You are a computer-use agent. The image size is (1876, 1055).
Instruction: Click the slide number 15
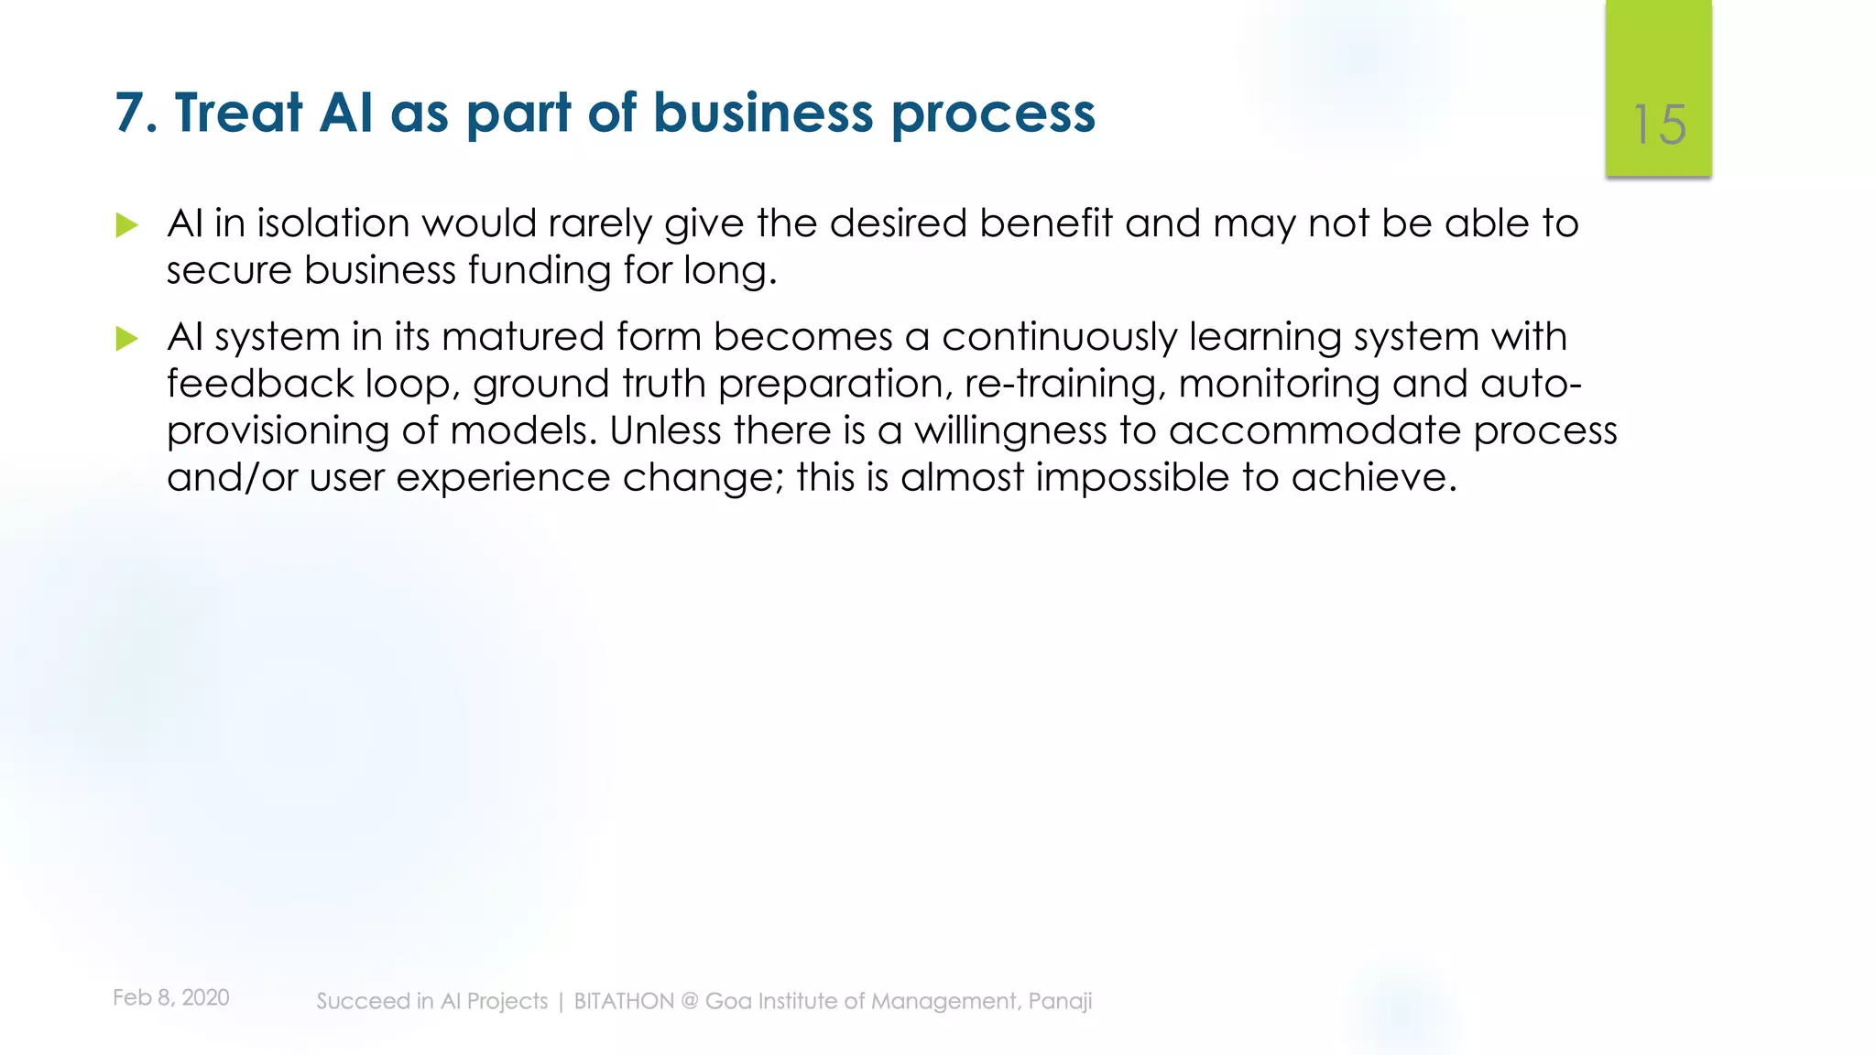[1659, 125]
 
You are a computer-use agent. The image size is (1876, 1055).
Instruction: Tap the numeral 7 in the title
[130, 113]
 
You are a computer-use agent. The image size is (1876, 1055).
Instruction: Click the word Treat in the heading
[238, 113]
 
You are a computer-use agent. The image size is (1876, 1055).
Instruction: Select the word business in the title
[763, 113]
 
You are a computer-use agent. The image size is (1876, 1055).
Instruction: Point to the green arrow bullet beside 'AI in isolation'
[127, 225]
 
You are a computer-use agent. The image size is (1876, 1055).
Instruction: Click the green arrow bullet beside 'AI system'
[127, 339]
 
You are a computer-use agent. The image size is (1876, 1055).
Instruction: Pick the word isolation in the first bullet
[333, 223]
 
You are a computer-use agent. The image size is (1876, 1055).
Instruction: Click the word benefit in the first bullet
[1045, 223]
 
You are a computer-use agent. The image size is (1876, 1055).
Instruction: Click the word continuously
[1059, 337]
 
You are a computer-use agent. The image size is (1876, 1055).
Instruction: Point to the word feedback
[259, 384]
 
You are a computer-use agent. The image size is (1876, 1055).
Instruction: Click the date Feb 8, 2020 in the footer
[171, 997]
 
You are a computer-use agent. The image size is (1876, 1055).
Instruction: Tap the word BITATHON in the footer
[624, 1001]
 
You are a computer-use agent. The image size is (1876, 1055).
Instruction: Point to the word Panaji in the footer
[1060, 1001]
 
